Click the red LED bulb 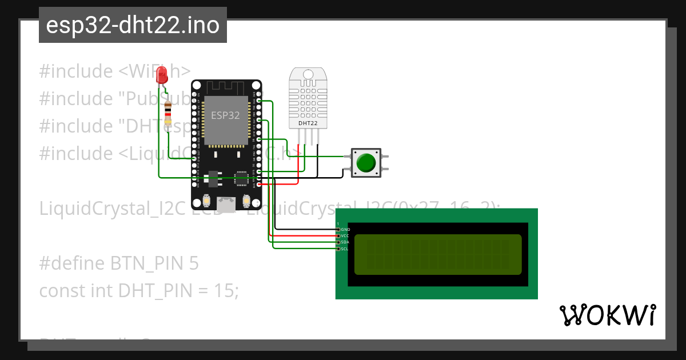click(162, 74)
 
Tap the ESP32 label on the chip click(225, 115)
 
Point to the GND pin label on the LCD click(345, 230)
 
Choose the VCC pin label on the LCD click(345, 236)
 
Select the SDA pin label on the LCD click(345, 242)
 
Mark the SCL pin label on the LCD click(345, 249)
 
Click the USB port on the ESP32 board click(226, 202)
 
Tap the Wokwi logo click(607, 315)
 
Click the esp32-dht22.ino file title click(133, 26)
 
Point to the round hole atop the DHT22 click(309, 74)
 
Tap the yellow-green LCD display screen click(438, 254)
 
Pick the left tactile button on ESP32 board click(206, 201)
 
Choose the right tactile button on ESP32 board click(247, 201)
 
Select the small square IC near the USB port click(239, 178)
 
